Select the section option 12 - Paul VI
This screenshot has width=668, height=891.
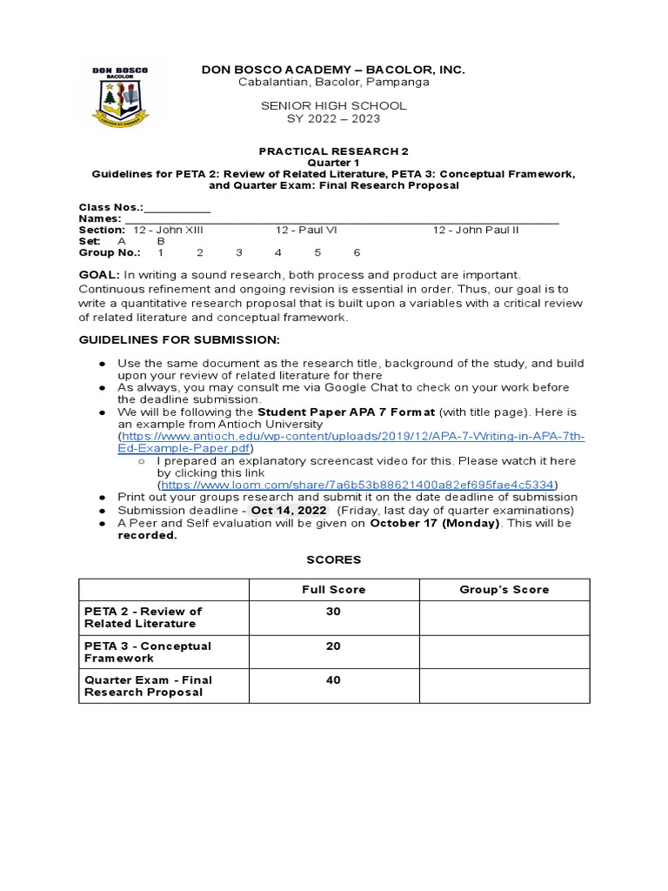click(306, 230)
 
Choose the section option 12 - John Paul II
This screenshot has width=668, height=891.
click(476, 230)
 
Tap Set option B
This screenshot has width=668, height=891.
click(161, 241)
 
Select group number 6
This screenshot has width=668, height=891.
click(357, 252)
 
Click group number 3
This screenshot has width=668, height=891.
click(238, 252)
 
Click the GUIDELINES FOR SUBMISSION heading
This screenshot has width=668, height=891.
click(179, 338)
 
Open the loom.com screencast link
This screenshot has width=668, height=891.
click(357, 485)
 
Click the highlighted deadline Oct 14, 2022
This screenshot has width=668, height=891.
click(289, 510)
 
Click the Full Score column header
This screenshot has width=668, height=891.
click(333, 590)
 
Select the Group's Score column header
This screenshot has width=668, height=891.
click(504, 590)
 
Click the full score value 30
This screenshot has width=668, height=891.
click(333, 612)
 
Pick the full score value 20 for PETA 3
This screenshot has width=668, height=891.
click(333, 646)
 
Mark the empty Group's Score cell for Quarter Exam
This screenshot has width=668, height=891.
click(504, 686)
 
